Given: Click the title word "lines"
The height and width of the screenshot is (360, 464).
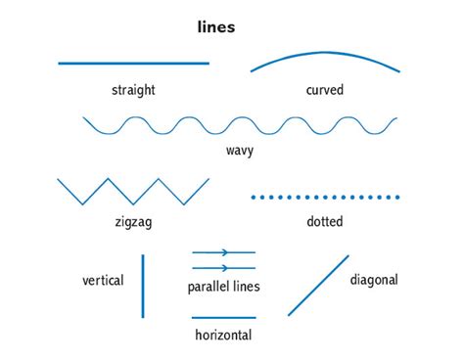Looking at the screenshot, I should [216, 27].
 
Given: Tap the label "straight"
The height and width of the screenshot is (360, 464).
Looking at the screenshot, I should [133, 90].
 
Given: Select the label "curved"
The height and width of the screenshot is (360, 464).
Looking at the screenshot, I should [324, 90].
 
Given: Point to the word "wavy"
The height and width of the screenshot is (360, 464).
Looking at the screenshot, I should [239, 151].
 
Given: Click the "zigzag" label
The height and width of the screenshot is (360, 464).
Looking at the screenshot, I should [133, 222].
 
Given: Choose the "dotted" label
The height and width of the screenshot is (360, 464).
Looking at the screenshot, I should [324, 222].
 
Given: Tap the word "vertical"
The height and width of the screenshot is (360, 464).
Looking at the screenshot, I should [103, 281].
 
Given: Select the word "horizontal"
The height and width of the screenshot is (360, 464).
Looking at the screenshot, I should [223, 335].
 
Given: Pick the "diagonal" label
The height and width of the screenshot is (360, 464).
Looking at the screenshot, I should [374, 280].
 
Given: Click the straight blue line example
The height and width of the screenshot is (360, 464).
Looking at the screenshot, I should [133, 64].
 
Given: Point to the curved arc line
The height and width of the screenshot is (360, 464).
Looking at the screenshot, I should [325, 53].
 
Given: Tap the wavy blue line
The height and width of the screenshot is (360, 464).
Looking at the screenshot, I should [239, 125].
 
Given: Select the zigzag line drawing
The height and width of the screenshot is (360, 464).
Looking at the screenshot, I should [133, 191].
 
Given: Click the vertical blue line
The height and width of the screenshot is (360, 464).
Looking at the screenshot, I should [143, 286].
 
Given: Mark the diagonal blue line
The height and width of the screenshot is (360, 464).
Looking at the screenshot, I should [318, 286].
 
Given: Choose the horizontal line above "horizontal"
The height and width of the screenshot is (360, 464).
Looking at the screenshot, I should [223, 317].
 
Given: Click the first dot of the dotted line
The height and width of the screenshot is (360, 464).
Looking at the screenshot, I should [254, 198].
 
